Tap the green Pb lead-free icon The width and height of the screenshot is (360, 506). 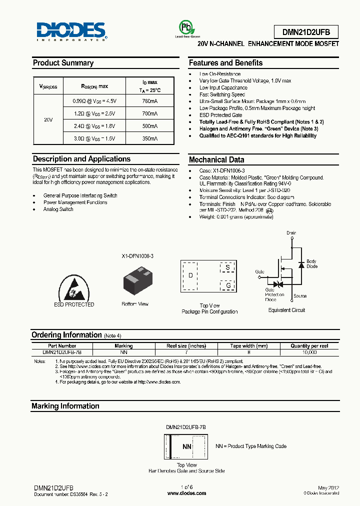pyautogui.click(x=185, y=27)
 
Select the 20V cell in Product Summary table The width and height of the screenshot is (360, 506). pyautogui.click(x=48, y=120)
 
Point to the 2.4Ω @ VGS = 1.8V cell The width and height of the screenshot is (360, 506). pyautogui.click(x=94, y=126)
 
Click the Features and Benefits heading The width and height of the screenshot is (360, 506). pyautogui.click(x=225, y=63)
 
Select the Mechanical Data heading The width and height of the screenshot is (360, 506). pyautogui.click(x=216, y=160)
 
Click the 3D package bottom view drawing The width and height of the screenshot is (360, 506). pyautogui.click(x=135, y=282)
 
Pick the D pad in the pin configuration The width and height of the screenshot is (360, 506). pyautogui.click(x=190, y=275)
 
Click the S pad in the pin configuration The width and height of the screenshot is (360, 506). pyautogui.click(x=228, y=267)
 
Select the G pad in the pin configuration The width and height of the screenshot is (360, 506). pyautogui.click(x=228, y=285)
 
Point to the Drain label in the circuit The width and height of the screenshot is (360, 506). pyautogui.click(x=291, y=233)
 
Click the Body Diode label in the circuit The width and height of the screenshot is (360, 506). pyautogui.click(x=311, y=264)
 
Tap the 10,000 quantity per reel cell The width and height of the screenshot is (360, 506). pyautogui.click(x=309, y=352)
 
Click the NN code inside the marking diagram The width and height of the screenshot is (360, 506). pyautogui.click(x=186, y=446)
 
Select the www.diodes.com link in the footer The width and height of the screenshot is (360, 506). pyautogui.click(x=186, y=493)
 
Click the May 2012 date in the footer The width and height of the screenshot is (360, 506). pyautogui.click(x=328, y=487)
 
